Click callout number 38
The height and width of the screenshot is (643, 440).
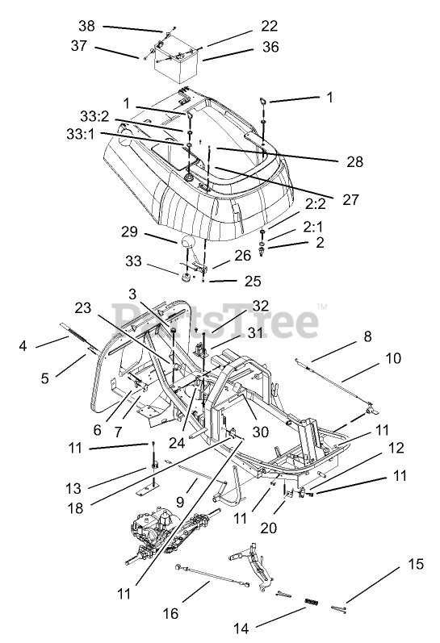(86, 27)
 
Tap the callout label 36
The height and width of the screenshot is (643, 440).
(270, 47)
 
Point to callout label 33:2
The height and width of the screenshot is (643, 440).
(94, 116)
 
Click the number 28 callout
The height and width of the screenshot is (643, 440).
(354, 162)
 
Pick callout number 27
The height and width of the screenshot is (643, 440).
(350, 200)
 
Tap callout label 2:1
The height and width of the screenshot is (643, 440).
(313, 227)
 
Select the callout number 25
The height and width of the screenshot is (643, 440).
(253, 281)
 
